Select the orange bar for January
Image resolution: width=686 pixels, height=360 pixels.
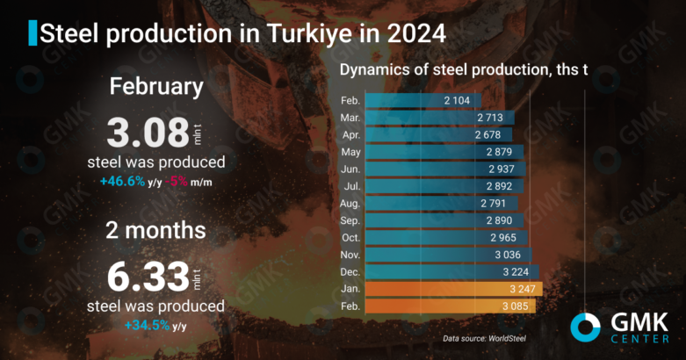[x=453, y=288]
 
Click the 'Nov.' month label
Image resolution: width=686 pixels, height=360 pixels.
[x=349, y=255]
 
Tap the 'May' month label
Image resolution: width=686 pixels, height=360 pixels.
[x=350, y=152]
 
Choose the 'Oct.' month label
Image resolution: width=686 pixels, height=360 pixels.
[x=350, y=237]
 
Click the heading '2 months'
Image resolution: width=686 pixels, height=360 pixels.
[x=156, y=230]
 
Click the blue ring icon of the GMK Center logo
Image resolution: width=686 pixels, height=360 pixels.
[x=586, y=328]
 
